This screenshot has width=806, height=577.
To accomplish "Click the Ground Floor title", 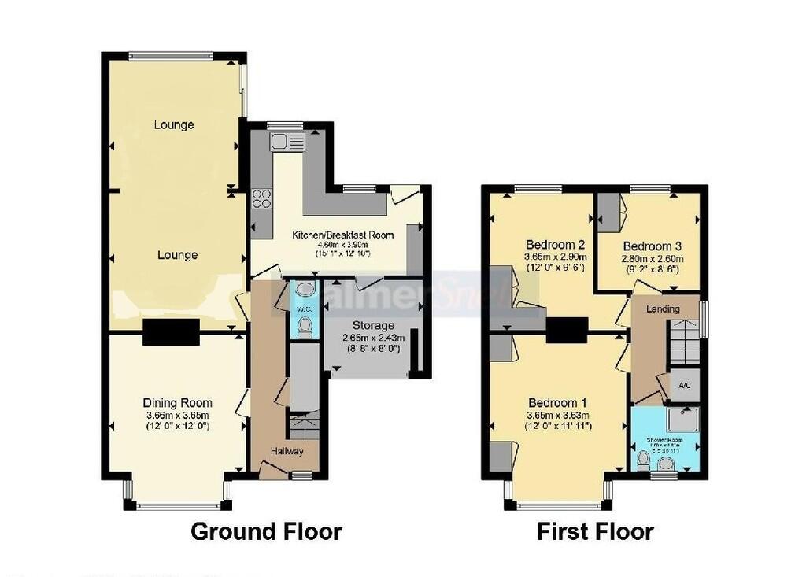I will click(266, 531).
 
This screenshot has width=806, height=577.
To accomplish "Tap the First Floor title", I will click(595, 531).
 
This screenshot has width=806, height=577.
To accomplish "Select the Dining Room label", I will click(177, 403).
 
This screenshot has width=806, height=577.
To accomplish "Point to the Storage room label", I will click(373, 326).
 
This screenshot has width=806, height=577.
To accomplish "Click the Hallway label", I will click(287, 451).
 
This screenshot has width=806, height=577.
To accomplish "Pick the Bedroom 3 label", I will click(649, 246).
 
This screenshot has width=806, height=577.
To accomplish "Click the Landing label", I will click(663, 309).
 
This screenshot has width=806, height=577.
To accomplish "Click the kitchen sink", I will click(287, 142).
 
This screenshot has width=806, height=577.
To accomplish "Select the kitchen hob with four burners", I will click(261, 198).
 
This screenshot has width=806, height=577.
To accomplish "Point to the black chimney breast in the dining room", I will click(171, 332).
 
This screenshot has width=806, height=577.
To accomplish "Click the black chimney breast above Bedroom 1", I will click(567, 330).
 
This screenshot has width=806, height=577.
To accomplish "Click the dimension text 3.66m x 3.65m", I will click(177, 415).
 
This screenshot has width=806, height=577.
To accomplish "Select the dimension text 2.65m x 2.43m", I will click(373, 338).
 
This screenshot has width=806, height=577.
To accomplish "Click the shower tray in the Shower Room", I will click(682, 420).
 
